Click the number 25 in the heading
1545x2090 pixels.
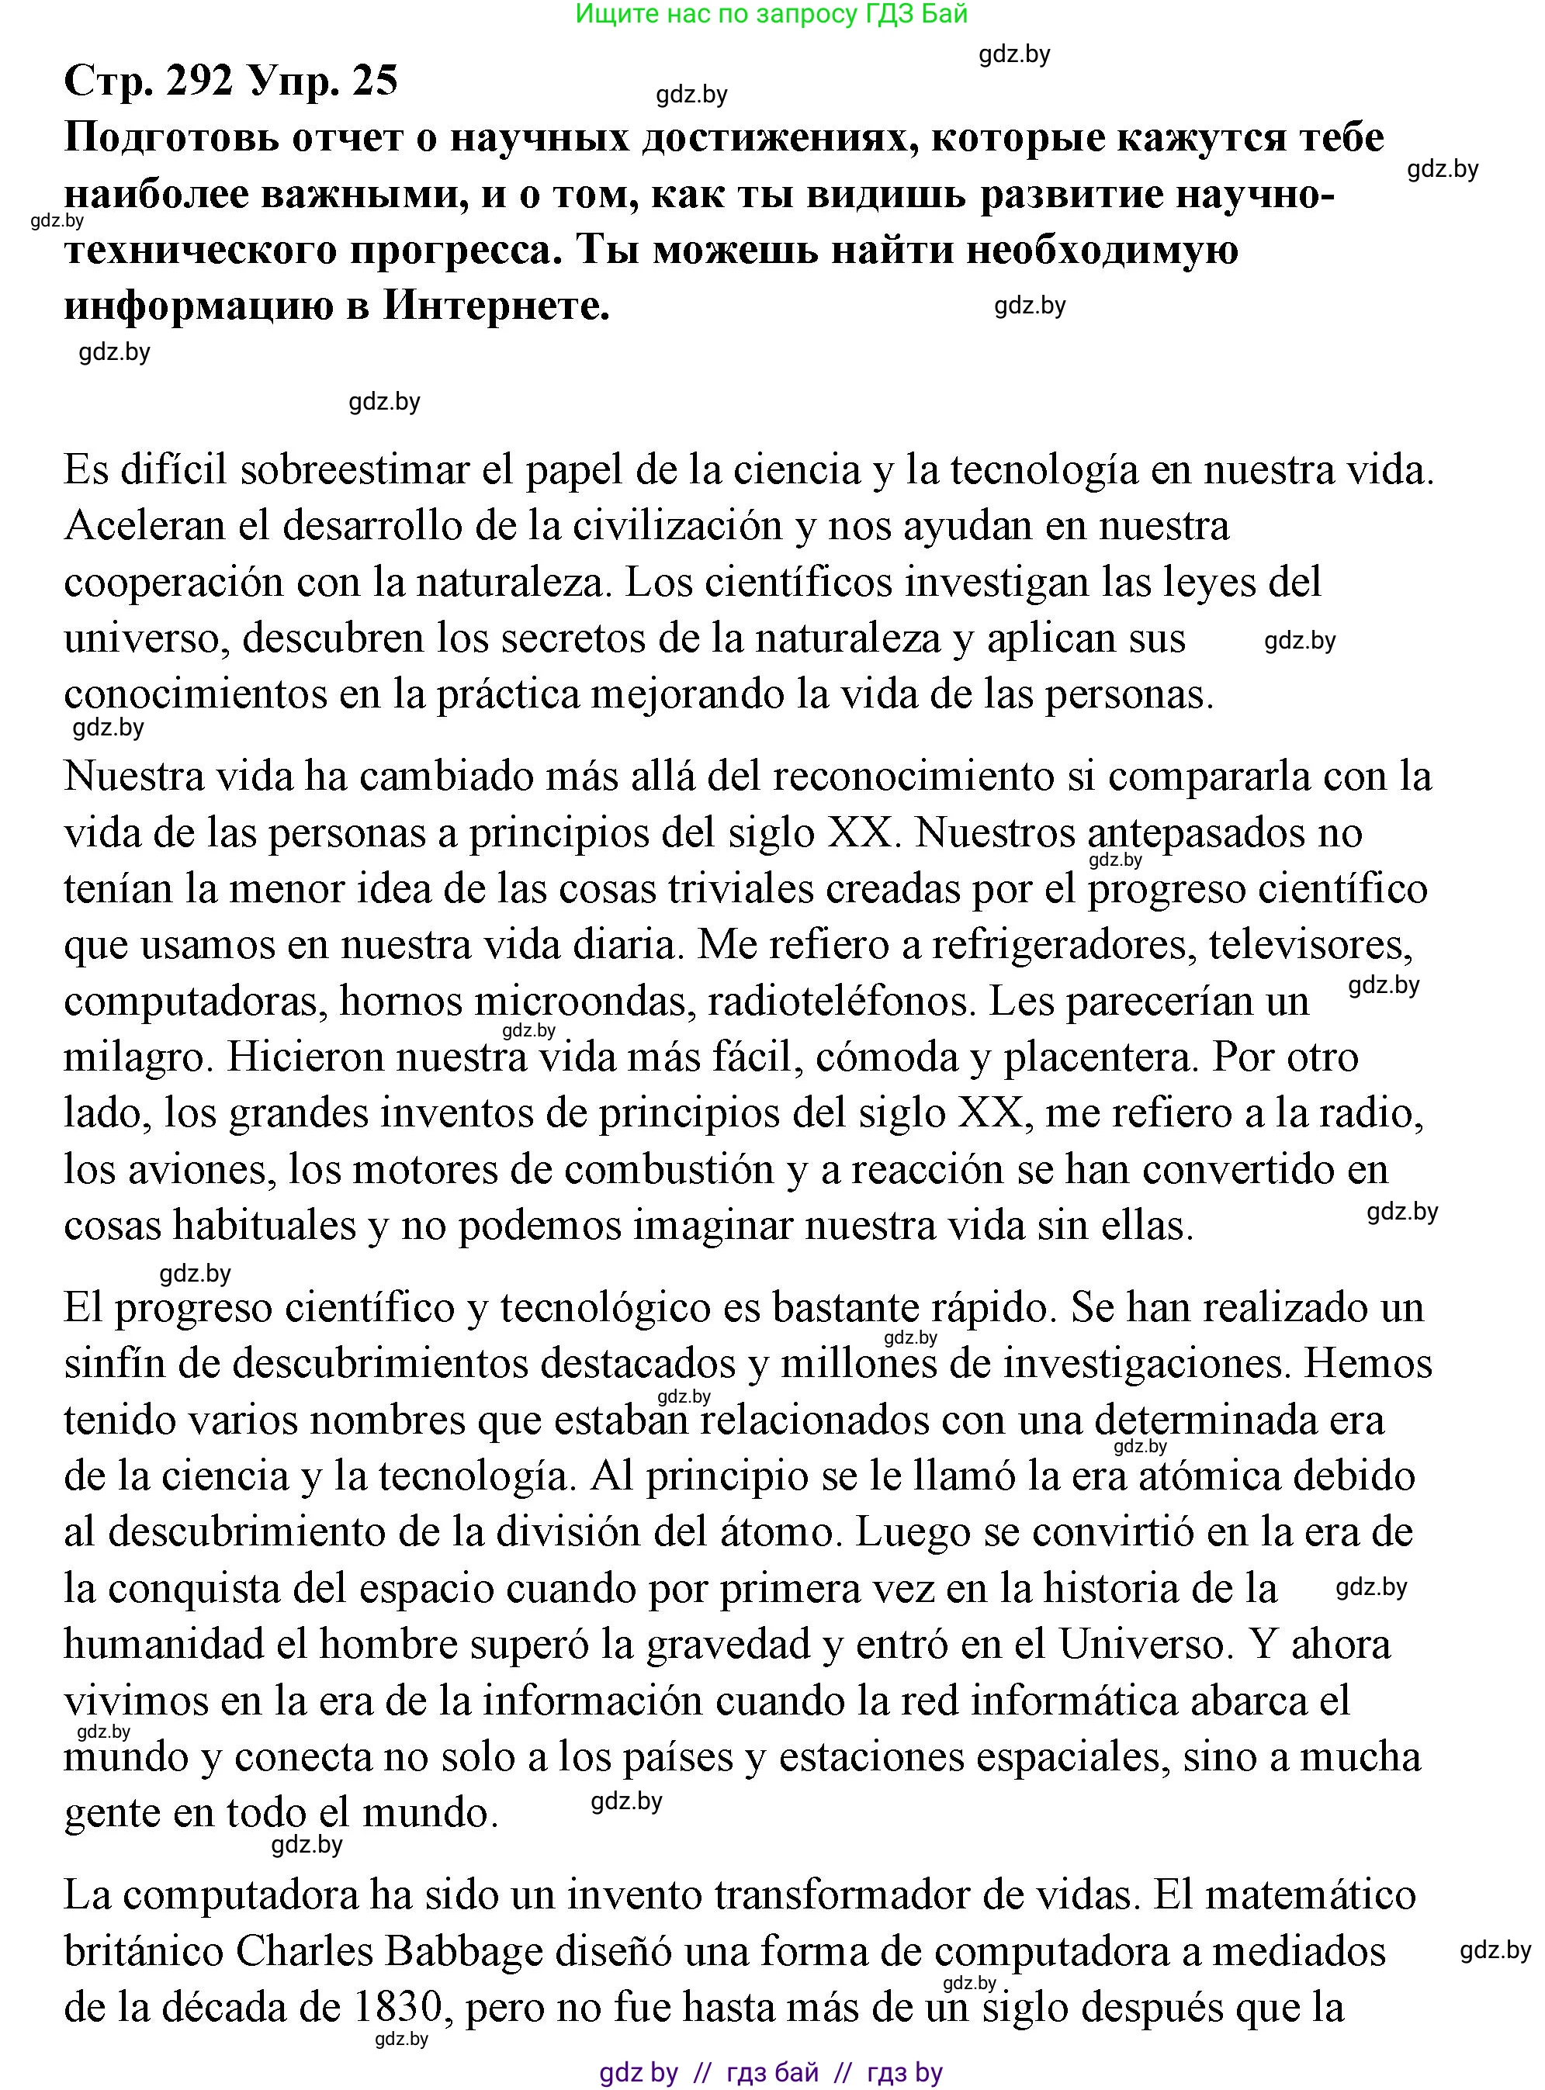pyautogui.click(x=375, y=81)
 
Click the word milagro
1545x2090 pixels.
pyautogui.click(x=137, y=1057)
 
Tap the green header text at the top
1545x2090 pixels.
pyautogui.click(x=771, y=13)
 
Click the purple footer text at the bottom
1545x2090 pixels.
pyautogui.click(x=771, y=2072)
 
